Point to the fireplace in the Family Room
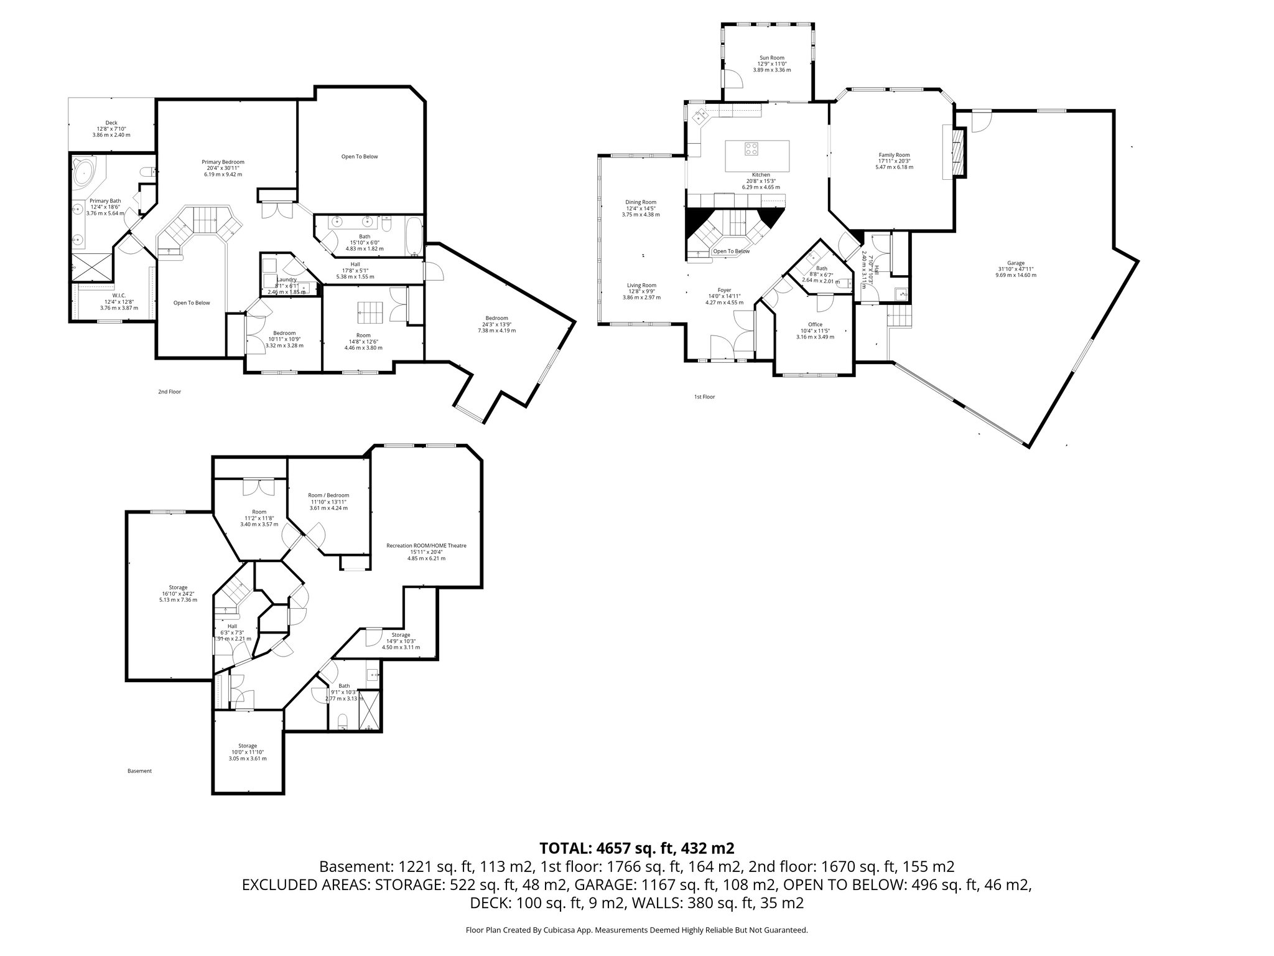click(x=959, y=152)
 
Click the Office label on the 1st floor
click(x=815, y=324)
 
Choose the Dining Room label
click(x=641, y=202)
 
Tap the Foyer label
click(x=724, y=290)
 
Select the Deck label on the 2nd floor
click(x=111, y=123)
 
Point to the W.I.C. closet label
click(x=119, y=296)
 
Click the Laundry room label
click(x=286, y=279)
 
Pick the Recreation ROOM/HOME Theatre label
click(x=426, y=546)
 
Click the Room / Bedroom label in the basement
click(x=329, y=495)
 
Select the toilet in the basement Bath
click(x=342, y=722)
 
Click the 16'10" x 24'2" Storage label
click(x=178, y=587)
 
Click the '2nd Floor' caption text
click(x=169, y=392)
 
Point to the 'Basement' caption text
click(x=139, y=771)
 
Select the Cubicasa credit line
click(x=636, y=930)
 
